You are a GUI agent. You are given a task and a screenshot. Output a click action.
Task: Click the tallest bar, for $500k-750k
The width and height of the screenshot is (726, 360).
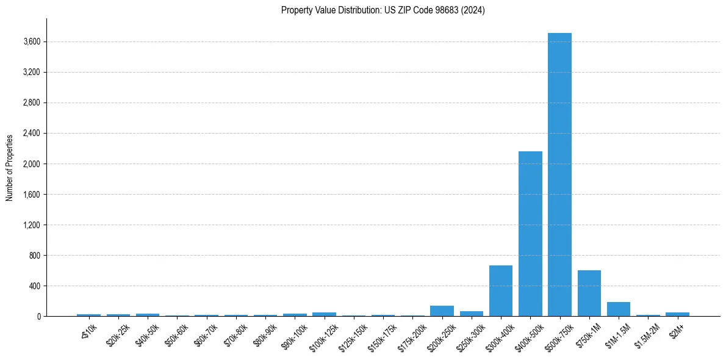click(x=559, y=175)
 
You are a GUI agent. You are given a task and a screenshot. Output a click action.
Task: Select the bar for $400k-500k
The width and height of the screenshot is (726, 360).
click(x=530, y=234)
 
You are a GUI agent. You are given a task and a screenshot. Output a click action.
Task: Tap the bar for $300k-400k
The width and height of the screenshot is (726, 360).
click(x=501, y=291)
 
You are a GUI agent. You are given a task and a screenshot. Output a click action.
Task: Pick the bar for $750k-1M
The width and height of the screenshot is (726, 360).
click(x=589, y=293)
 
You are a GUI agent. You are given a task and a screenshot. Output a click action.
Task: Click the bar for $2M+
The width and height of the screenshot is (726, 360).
click(x=677, y=314)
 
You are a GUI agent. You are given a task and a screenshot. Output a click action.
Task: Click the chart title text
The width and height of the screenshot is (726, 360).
click(x=383, y=10)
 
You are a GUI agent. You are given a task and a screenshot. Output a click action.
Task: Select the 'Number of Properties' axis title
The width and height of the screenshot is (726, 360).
click(x=10, y=167)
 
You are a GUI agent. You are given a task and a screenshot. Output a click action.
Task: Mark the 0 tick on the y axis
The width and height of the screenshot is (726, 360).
click(x=38, y=317)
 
